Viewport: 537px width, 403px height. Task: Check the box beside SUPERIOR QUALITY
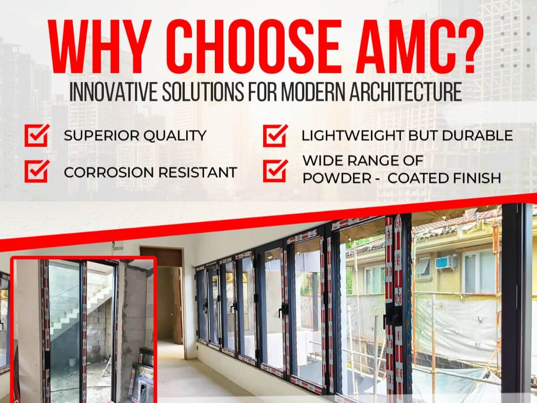pos(37,135)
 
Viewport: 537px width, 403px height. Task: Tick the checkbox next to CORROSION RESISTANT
pos(37,171)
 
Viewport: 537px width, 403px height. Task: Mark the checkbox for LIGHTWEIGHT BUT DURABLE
pos(275,135)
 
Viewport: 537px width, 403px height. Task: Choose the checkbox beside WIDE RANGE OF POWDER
pos(275,170)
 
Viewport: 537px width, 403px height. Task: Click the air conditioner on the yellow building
pos(446,262)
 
